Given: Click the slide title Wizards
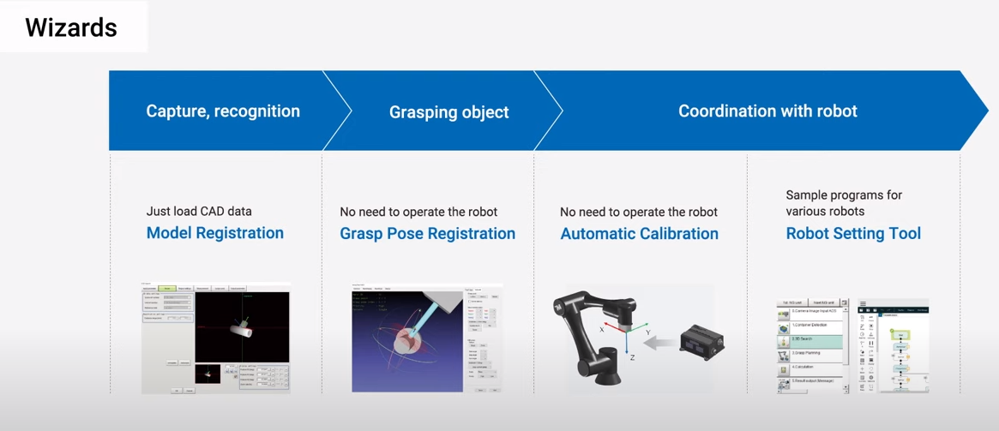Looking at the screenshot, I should pyautogui.click(x=71, y=27).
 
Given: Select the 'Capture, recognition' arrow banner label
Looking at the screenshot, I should pyautogui.click(x=223, y=111).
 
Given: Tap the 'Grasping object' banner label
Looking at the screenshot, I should pyautogui.click(x=448, y=112).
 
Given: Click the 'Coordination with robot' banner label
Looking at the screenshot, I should pyautogui.click(x=767, y=111).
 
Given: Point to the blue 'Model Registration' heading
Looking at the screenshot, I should pyautogui.click(x=214, y=233).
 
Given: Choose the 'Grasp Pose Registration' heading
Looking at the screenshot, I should pyautogui.click(x=427, y=234).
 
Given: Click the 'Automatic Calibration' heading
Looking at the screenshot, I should pyautogui.click(x=639, y=234).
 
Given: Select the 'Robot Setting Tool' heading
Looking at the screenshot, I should pyautogui.click(x=853, y=234).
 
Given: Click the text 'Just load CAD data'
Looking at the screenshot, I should pyautogui.click(x=199, y=211).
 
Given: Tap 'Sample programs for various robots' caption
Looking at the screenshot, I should pyautogui.click(x=844, y=202).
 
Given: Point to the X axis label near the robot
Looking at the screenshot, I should pyautogui.click(x=602, y=328).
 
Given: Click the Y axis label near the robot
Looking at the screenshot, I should pyautogui.click(x=647, y=332).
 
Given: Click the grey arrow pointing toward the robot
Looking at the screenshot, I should pyautogui.click(x=658, y=344).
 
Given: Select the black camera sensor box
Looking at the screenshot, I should pyautogui.click(x=702, y=341).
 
